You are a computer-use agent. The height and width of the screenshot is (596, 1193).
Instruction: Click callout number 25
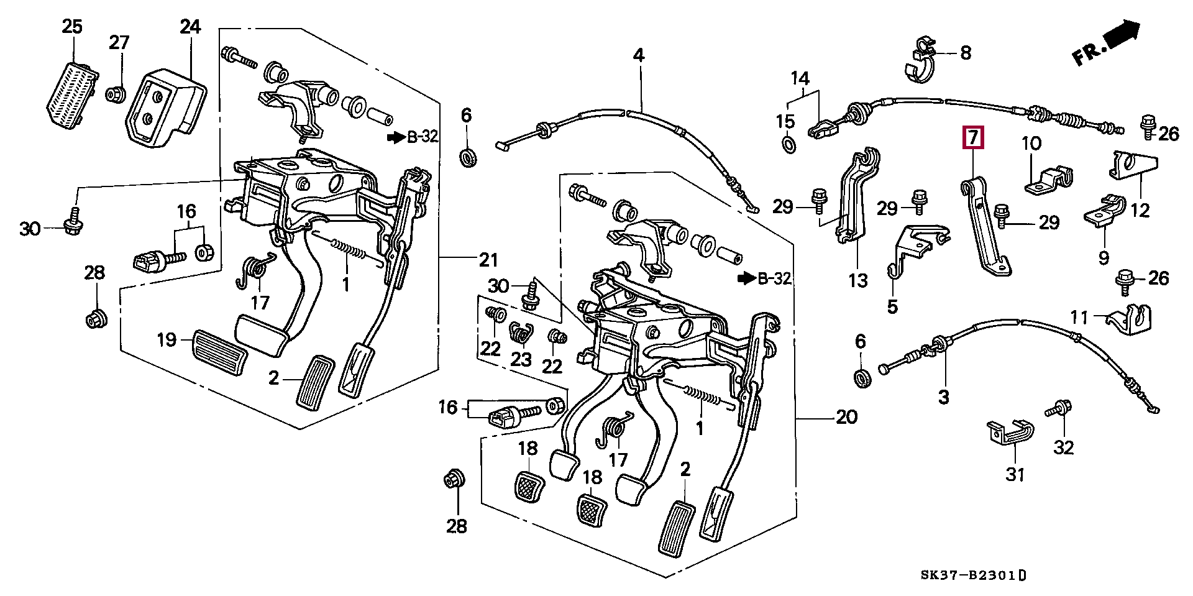[72, 27]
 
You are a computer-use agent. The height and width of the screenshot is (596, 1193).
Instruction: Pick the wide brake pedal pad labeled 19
[221, 350]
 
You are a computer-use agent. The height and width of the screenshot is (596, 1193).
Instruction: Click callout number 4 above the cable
[639, 55]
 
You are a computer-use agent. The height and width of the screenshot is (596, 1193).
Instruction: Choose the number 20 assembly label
[846, 417]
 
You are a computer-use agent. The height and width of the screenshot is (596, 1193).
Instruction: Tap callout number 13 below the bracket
[857, 281]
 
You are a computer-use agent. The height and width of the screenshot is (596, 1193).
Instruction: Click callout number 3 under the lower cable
[943, 397]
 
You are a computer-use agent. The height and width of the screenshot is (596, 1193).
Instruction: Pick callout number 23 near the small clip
[521, 360]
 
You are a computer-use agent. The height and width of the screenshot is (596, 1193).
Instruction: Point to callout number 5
[892, 307]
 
